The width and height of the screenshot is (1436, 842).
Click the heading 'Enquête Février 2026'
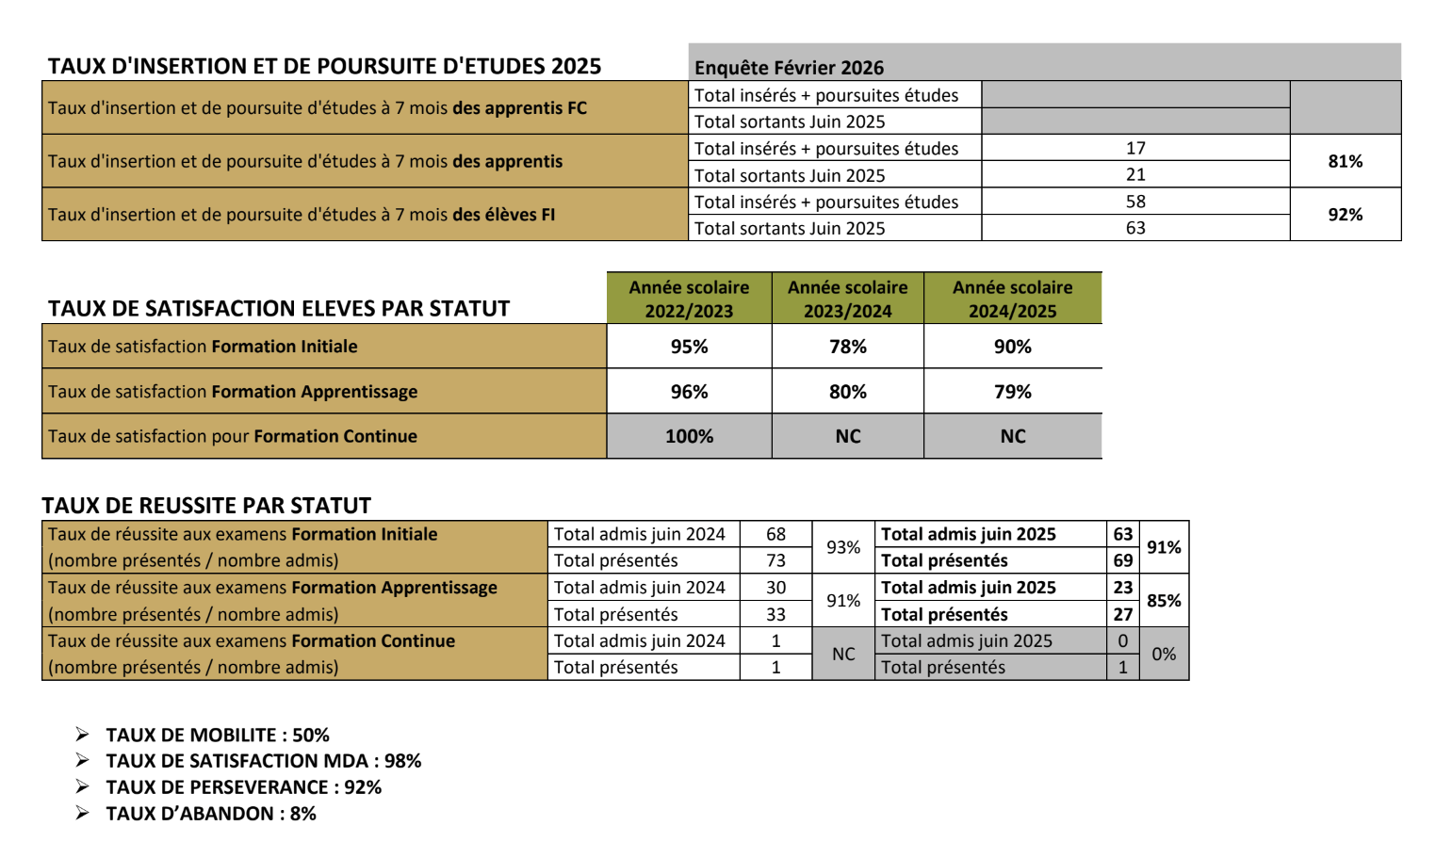point(789,67)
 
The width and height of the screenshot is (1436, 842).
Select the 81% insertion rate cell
point(1345,161)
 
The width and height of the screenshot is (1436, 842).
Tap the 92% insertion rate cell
point(1345,215)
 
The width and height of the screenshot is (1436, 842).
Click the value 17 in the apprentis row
point(1135,148)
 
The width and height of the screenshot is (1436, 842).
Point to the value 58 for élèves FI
point(1135,202)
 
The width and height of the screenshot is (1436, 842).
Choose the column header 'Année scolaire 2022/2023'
point(689,299)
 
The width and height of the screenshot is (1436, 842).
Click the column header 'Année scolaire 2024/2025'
point(1012,299)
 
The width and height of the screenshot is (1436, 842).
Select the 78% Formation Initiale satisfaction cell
point(847,347)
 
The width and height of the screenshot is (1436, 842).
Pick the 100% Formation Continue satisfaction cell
point(689,436)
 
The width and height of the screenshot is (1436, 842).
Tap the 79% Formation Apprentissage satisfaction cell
point(1012,392)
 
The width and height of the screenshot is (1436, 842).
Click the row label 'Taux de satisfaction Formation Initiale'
point(203,347)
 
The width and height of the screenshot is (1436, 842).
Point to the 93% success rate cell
point(843,547)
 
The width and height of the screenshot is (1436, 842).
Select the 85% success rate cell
point(1164,601)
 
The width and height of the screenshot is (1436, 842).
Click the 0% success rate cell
point(1164,654)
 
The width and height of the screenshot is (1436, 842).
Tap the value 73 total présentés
point(775,560)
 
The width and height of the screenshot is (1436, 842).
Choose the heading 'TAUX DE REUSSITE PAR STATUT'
point(207,506)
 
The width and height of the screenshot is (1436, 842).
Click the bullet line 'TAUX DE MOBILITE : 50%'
point(218,735)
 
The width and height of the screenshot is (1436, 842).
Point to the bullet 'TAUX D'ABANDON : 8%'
point(211,814)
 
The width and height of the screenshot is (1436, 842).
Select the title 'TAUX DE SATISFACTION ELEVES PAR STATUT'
point(279,309)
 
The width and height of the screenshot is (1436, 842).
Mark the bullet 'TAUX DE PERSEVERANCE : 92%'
point(244,787)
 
